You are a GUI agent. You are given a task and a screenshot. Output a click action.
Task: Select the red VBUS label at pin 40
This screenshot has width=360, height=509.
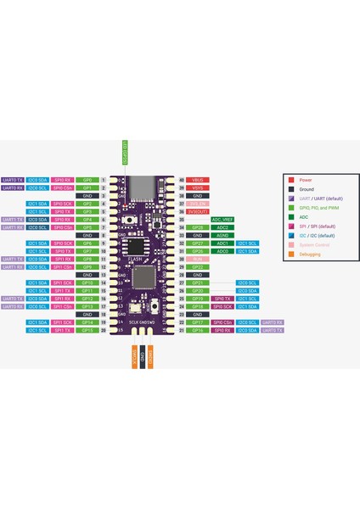pos(197,181)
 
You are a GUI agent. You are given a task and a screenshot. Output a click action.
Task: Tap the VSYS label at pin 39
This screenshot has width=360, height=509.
pos(197,188)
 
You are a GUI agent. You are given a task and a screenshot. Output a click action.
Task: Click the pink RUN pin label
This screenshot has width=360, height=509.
pos(197,259)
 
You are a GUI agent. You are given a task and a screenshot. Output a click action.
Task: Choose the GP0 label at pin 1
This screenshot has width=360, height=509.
pos(87,181)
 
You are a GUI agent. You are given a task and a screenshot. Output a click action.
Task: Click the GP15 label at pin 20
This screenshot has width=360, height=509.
pos(87,330)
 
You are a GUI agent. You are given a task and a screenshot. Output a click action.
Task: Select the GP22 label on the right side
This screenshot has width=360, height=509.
pos(197,267)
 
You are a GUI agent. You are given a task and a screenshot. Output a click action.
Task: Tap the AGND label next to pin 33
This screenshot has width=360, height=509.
pos(222,236)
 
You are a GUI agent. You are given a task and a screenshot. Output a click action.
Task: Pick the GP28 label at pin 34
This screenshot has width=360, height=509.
pos(197,227)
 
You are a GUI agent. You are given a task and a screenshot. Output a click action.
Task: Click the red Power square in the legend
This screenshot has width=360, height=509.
pos(291,180)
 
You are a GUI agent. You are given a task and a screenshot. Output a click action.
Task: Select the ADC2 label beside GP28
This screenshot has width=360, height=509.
pos(222,227)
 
